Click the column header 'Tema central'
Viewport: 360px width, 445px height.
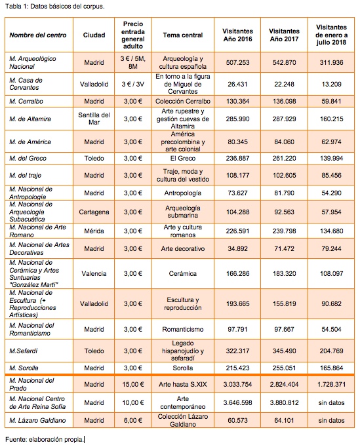[182, 35]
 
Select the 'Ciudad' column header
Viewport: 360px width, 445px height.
[94, 35]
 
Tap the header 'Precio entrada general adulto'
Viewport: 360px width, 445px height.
[133, 35]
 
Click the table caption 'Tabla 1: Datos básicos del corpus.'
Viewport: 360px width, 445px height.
[55, 7]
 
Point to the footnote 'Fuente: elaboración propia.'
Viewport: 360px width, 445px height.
[45, 439]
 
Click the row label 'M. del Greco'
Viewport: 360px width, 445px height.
[28, 159]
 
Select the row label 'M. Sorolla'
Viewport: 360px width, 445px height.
[24, 368]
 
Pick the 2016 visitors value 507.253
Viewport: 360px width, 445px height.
[237, 62]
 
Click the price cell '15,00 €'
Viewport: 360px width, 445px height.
[133, 385]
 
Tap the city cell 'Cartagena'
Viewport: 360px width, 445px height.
[94, 212]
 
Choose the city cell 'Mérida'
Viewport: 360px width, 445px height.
[94, 231]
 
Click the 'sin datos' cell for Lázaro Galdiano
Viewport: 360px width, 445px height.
[331, 421]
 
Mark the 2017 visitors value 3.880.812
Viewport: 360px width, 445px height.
[284, 402]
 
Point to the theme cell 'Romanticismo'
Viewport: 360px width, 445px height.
[182, 330]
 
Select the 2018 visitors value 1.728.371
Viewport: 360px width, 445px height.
[331, 385]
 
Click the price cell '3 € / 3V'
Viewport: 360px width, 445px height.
[133, 85]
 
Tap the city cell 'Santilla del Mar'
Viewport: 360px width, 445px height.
[94, 119]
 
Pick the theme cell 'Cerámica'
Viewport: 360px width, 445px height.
[182, 274]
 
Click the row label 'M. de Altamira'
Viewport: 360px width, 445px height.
[30, 119]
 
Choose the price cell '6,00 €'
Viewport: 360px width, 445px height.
[133, 421]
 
